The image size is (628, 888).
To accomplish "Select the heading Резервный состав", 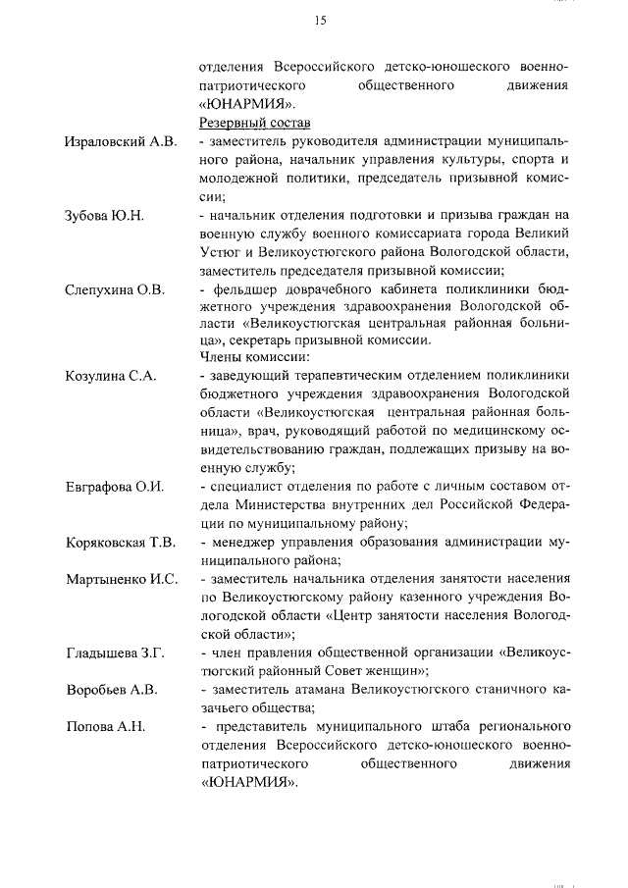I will pyautogui.click(x=254, y=123).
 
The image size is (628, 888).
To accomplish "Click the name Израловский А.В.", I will pyautogui.click(x=121, y=142).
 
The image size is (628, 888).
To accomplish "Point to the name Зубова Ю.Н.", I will pyautogui.click(x=104, y=216).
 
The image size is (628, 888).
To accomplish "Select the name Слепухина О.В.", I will pyautogui.click(x=115, y=289).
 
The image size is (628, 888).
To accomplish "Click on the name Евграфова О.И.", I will pyautogui.click(x=114, y=486).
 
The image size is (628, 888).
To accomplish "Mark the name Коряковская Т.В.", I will pyautogui.click(x=120, y=543).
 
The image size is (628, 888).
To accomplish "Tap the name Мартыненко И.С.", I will pyautogui.click(x=121, y=579).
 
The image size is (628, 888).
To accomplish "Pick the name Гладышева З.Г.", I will pyautogui.click(x=115, y=653).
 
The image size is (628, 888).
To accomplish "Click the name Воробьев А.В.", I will pyautogui.click(x=111, y=690).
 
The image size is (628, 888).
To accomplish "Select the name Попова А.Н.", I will pyautogui.click(x=105, y=726).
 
